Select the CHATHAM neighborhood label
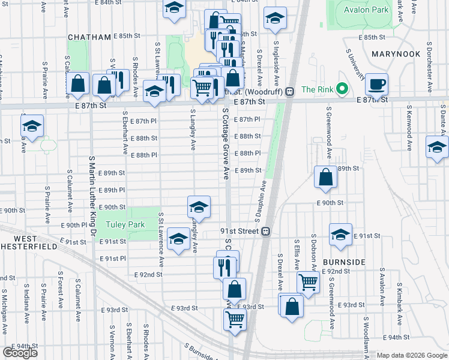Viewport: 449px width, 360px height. [x=89, y=37]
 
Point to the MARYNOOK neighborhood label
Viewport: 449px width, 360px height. [x=396, y=54]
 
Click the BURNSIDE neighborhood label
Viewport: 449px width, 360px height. [x=343, y=262]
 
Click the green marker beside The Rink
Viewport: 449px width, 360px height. [x=342, y=90]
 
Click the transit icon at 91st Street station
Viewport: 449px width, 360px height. [x=265, y=232]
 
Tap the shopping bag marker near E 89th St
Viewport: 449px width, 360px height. [x=325, y=177]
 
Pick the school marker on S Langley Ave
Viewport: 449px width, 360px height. [x=199, y=207]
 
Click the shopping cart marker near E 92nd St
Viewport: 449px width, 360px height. [x=308, y=280]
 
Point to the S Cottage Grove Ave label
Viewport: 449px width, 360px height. [x=226, y=144]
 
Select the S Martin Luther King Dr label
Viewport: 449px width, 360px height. [x=92, y=195]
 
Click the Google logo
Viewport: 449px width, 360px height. [x=20, y=353]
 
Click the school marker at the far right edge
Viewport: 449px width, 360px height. [x=437, y=146]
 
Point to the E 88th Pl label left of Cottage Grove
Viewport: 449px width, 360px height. [x=143, y=155]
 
